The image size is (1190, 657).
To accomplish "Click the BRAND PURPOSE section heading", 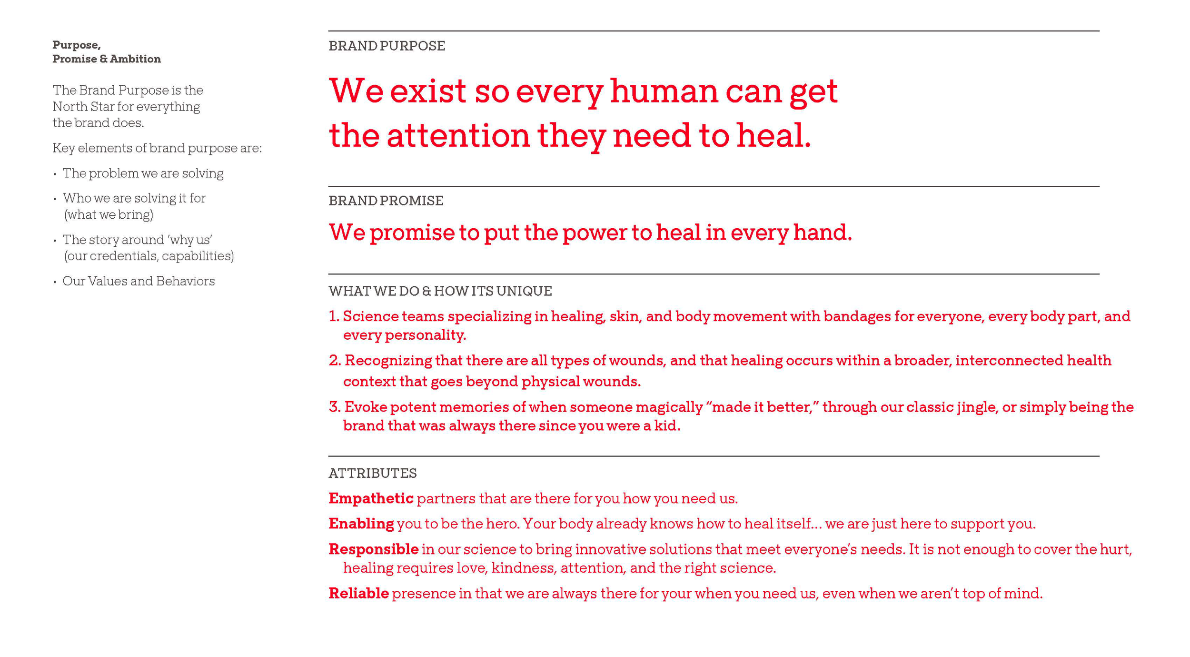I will click(387, 46).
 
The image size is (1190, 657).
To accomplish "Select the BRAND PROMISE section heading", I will click(386, 201).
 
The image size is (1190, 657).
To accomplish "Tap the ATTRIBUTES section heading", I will click(372, 473).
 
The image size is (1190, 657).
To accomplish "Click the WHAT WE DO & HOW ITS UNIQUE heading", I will click(440, 291).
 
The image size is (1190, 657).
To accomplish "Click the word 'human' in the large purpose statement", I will click(664, 91).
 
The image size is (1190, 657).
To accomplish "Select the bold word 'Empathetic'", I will click(371, 498).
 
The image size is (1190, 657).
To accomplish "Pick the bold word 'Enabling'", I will click(361, 524).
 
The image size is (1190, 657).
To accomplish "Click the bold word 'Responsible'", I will click(373, 549).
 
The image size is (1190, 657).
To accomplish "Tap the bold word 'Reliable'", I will click(358, 594).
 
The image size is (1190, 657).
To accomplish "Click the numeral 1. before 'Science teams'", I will click(334, 316).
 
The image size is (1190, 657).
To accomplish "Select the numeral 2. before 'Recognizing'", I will click(335, 361).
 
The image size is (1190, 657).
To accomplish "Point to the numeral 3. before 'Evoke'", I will click(335, 407).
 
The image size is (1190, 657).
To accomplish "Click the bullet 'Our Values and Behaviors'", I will click(139, 281).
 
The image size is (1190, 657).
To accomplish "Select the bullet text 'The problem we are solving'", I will click(143, 173).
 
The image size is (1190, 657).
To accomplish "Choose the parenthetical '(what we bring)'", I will click(109, 215).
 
